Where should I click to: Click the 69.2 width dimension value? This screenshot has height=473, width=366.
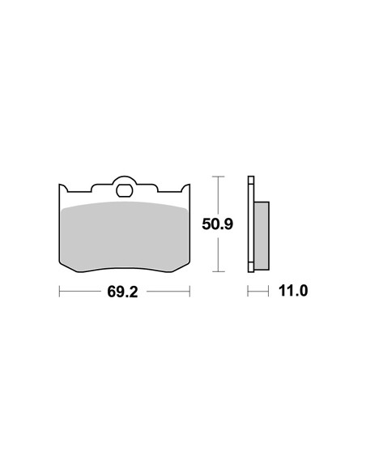tap(122, 292)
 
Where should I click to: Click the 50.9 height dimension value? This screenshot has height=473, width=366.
tap(217, 224)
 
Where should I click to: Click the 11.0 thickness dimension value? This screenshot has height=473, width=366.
tap(293, 291)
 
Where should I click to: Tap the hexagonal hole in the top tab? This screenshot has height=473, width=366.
tap(124, 190)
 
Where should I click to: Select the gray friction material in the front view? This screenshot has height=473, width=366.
tap(124, 236)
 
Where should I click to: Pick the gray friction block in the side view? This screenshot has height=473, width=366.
tap(262, 236)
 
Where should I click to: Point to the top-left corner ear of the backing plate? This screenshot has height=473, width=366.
tap(63, 188)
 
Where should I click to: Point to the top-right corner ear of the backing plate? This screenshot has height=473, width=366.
tap(185, 188)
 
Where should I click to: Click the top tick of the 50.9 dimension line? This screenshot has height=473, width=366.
tap(218, 177)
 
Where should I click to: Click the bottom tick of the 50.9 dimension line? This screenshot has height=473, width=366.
tap(218, 271)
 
